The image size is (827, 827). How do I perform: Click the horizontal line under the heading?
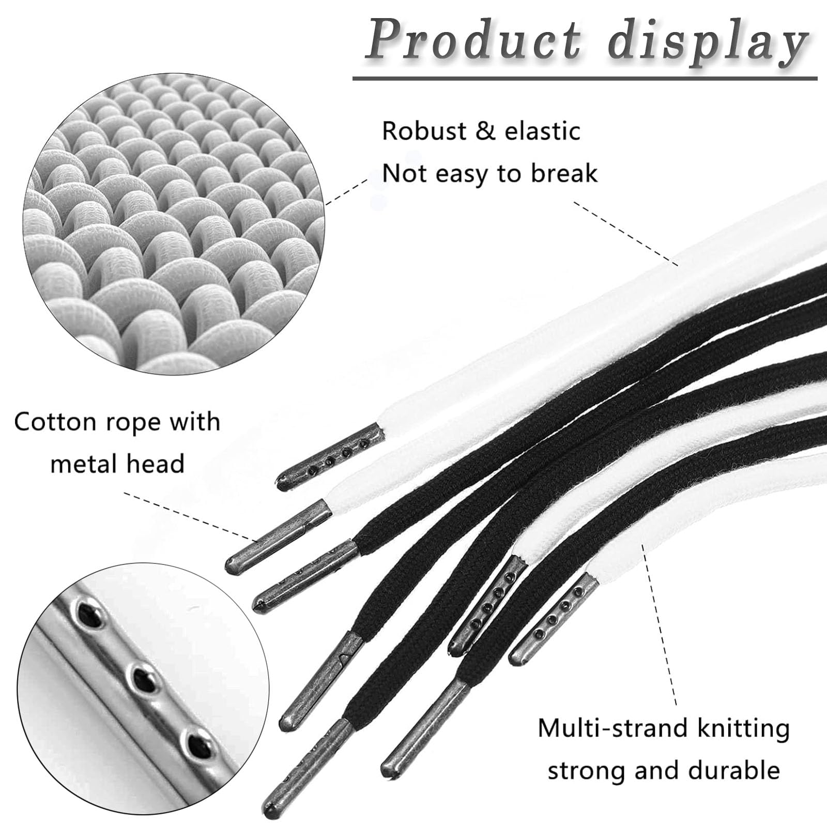click(584, 79)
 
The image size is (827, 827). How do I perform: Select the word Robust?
click(424, 131)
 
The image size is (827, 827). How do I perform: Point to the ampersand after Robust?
click(483, 131)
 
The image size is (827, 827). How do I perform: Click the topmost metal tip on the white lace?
click(331, 455)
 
